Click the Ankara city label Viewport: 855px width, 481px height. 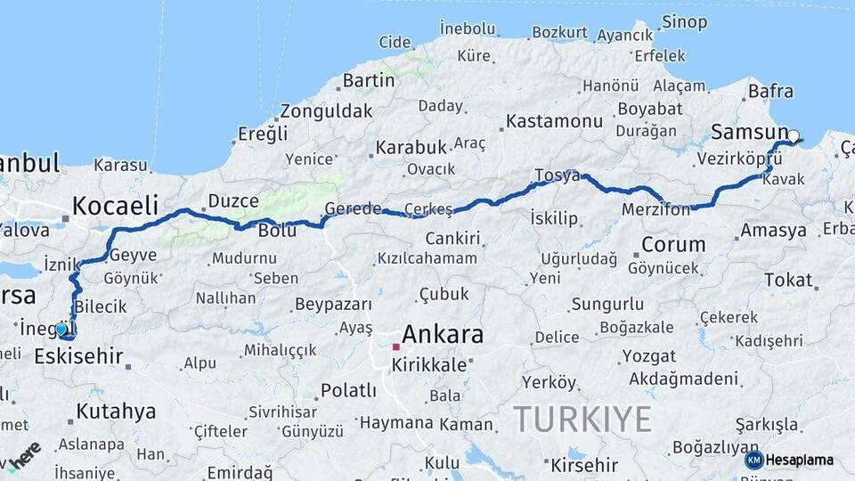point(443,335)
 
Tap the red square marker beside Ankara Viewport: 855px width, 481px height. point(395,346)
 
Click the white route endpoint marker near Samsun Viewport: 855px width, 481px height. point(793,137)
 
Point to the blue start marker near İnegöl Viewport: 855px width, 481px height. point(61,330)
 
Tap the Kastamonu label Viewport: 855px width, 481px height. point(554,120)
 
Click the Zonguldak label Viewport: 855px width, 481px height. point(326,111)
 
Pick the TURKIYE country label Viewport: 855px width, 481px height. point(582,418)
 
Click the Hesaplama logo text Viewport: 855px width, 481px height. point(799,460)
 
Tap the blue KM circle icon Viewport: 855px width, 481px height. point(753,460)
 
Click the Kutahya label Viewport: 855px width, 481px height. point(116,412)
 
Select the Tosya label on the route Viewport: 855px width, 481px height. point(558,175)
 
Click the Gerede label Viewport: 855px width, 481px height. point(353,208)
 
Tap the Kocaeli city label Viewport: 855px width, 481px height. point(115,205)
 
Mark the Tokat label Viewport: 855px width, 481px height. point(788,280)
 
